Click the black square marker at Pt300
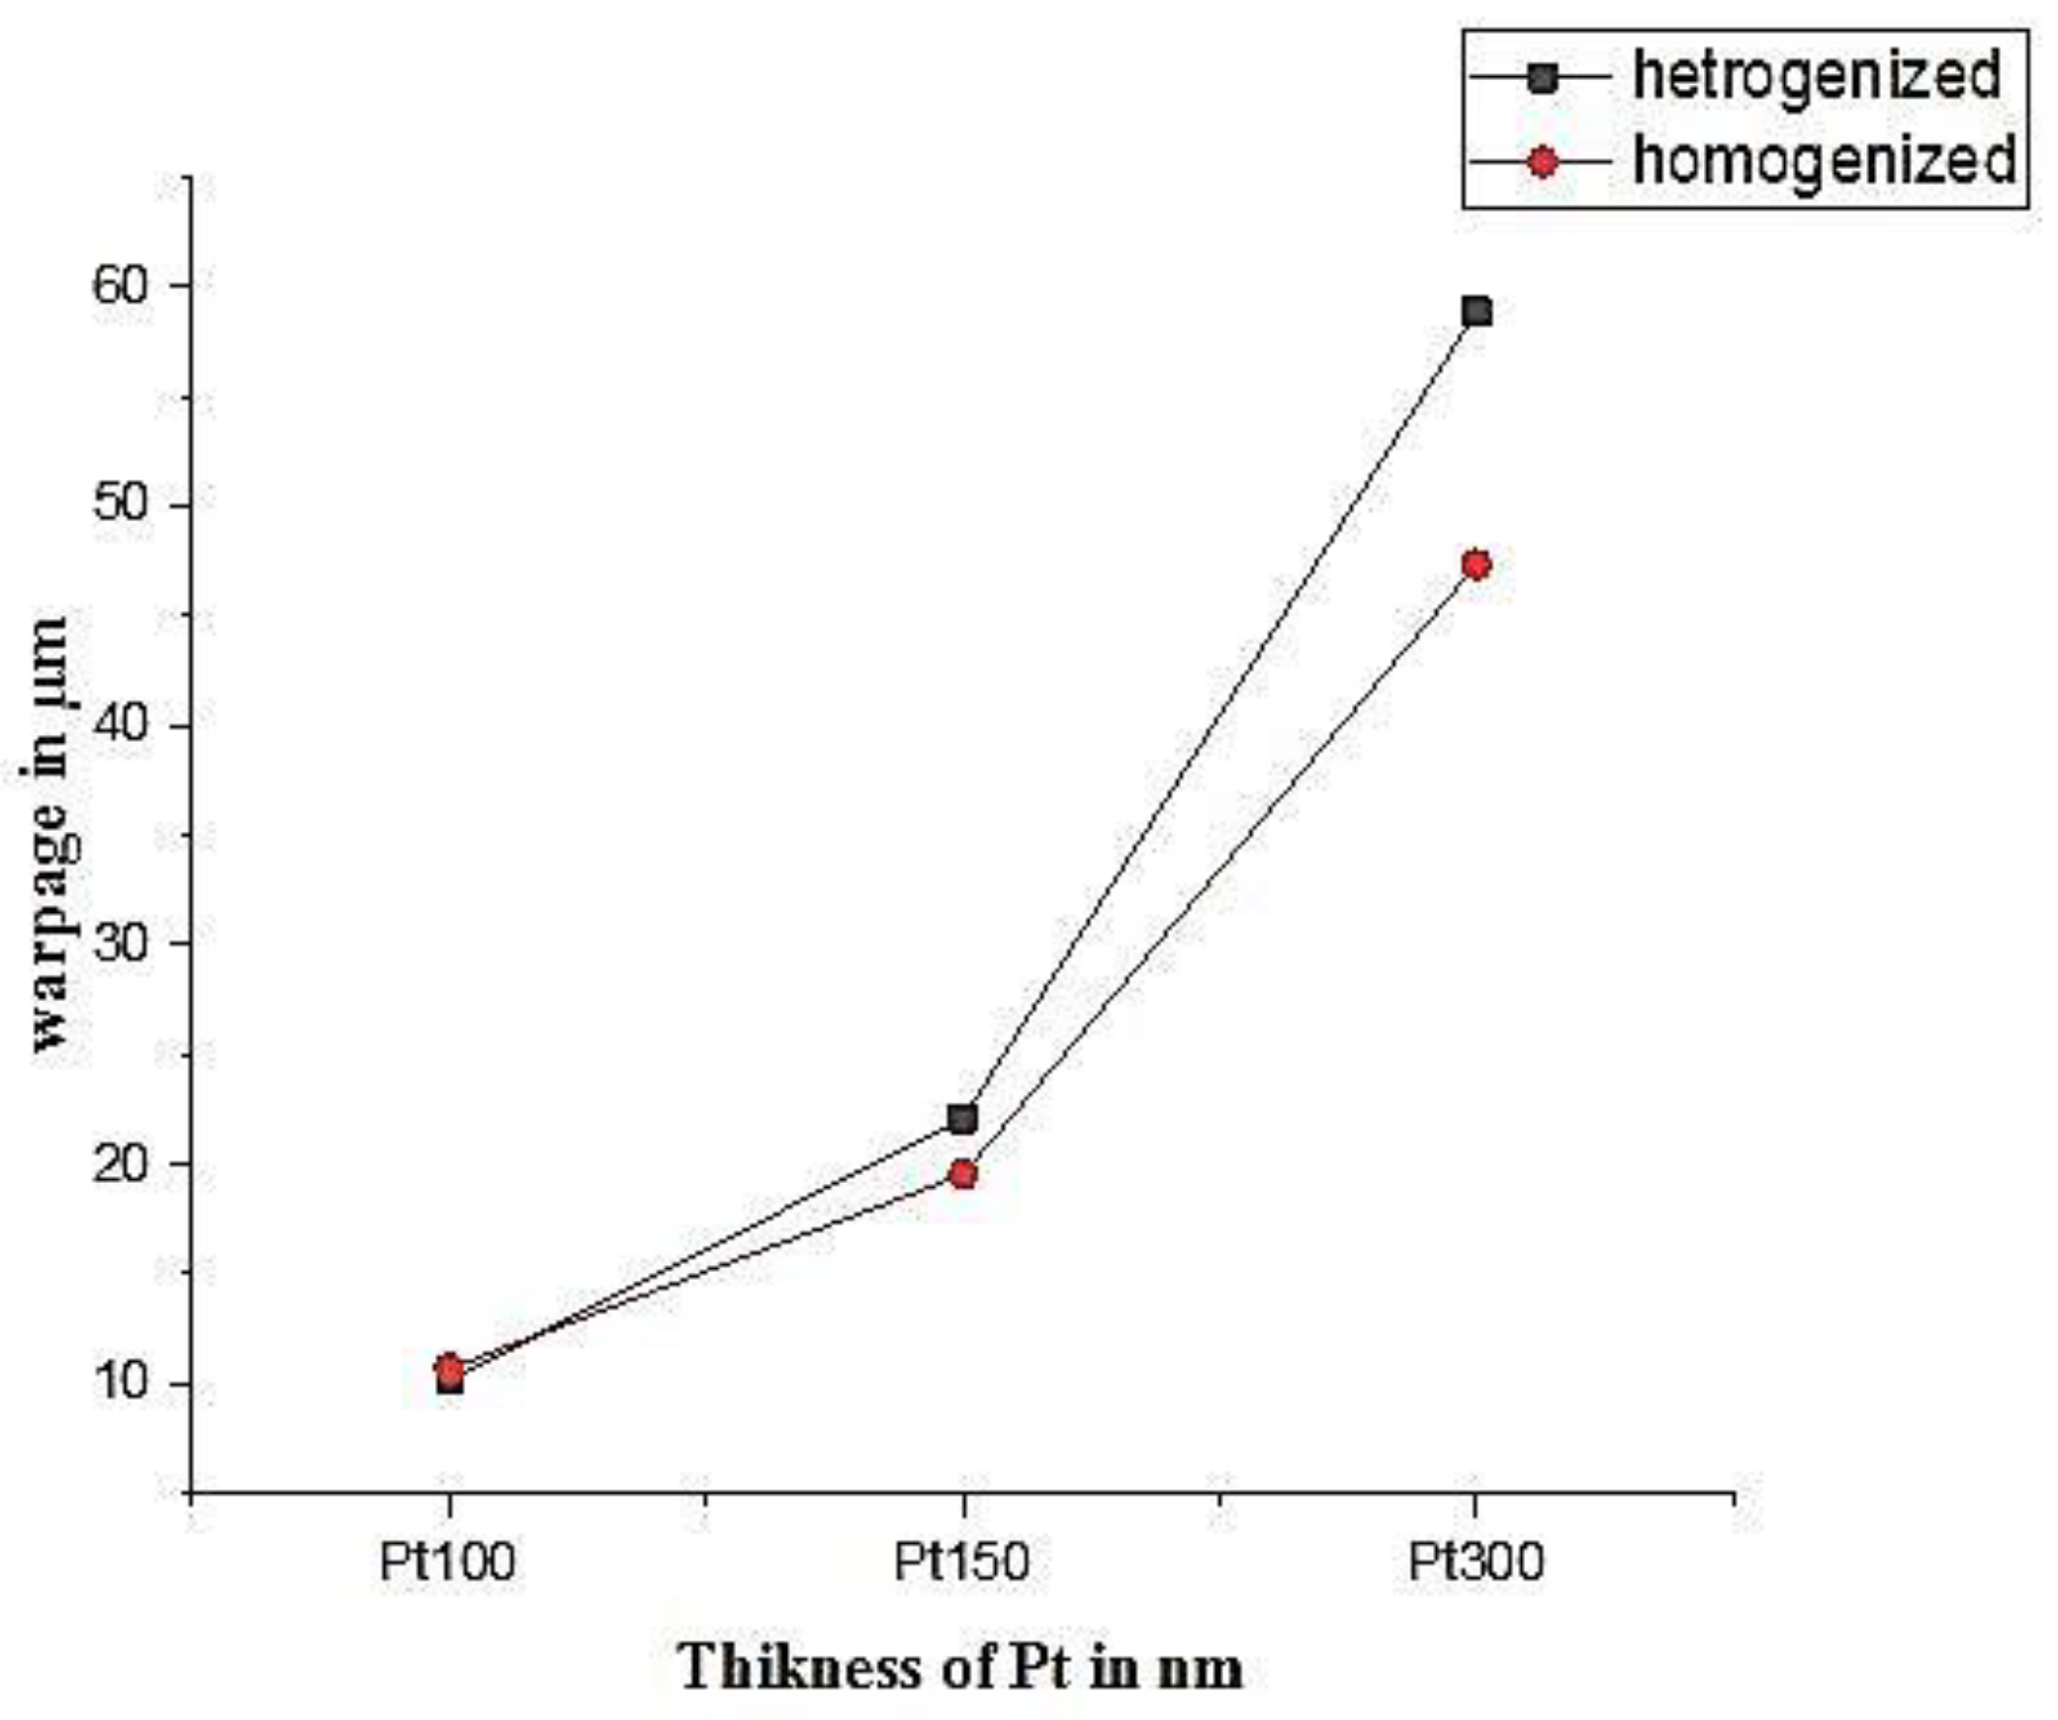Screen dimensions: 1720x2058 (x=1476, y=312)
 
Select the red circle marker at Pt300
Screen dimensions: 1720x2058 (x=1476, y=565)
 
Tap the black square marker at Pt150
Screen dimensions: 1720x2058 (x=962, y=1119)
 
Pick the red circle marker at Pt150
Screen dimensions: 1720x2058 (x=962, y=1174)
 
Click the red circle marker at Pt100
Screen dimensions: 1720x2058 (x=450, y=1368)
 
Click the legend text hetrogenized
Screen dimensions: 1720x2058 (x=1816, y=76)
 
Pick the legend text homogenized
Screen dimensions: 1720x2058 (x=1824, y=161)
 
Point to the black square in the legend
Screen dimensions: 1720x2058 (x=1541, y=77)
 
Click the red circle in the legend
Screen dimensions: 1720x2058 (x=1541, y=161)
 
